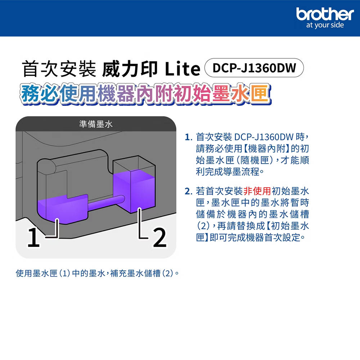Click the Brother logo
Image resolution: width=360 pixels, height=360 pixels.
pos(325,14)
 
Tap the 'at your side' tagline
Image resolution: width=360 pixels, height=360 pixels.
pos(325,26)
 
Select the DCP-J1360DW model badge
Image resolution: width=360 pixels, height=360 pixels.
pos(254,68)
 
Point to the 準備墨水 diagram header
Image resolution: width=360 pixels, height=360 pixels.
pos(96,125)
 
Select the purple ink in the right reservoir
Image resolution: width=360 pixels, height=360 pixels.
pos(133,191)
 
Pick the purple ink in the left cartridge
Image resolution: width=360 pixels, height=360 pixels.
pos(61,209)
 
